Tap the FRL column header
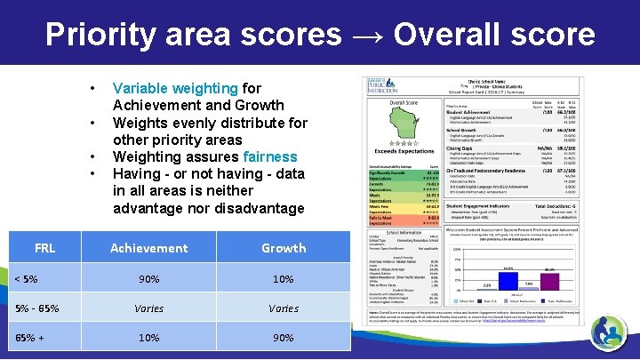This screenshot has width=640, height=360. (x=44, y=248)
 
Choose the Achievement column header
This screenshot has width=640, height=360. (x=149, y=248)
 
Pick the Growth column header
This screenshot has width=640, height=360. (x=284, y=248)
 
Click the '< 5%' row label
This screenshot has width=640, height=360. (x=26, y=279)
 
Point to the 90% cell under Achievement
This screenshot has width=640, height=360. (x=149, y=279)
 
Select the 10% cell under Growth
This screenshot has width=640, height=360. (x=284, y=279)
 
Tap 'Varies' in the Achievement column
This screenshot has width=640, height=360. (x=149, y=308)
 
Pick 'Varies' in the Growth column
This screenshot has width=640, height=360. (x=284, y=308)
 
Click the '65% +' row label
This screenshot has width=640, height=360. (x=31, y=339)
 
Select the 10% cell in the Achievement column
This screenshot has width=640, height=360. (x=149, y=339)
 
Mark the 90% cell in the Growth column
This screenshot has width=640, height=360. (x=284, y=339)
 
